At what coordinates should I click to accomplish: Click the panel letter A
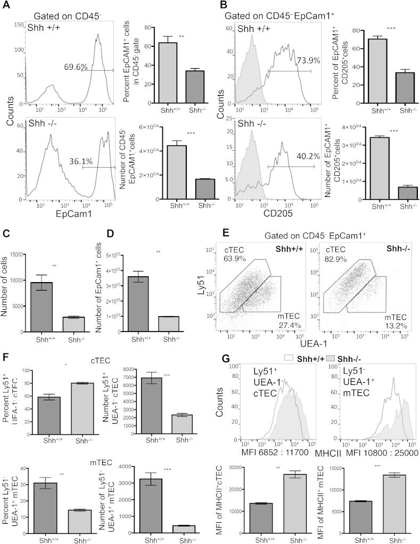point(7,7)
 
